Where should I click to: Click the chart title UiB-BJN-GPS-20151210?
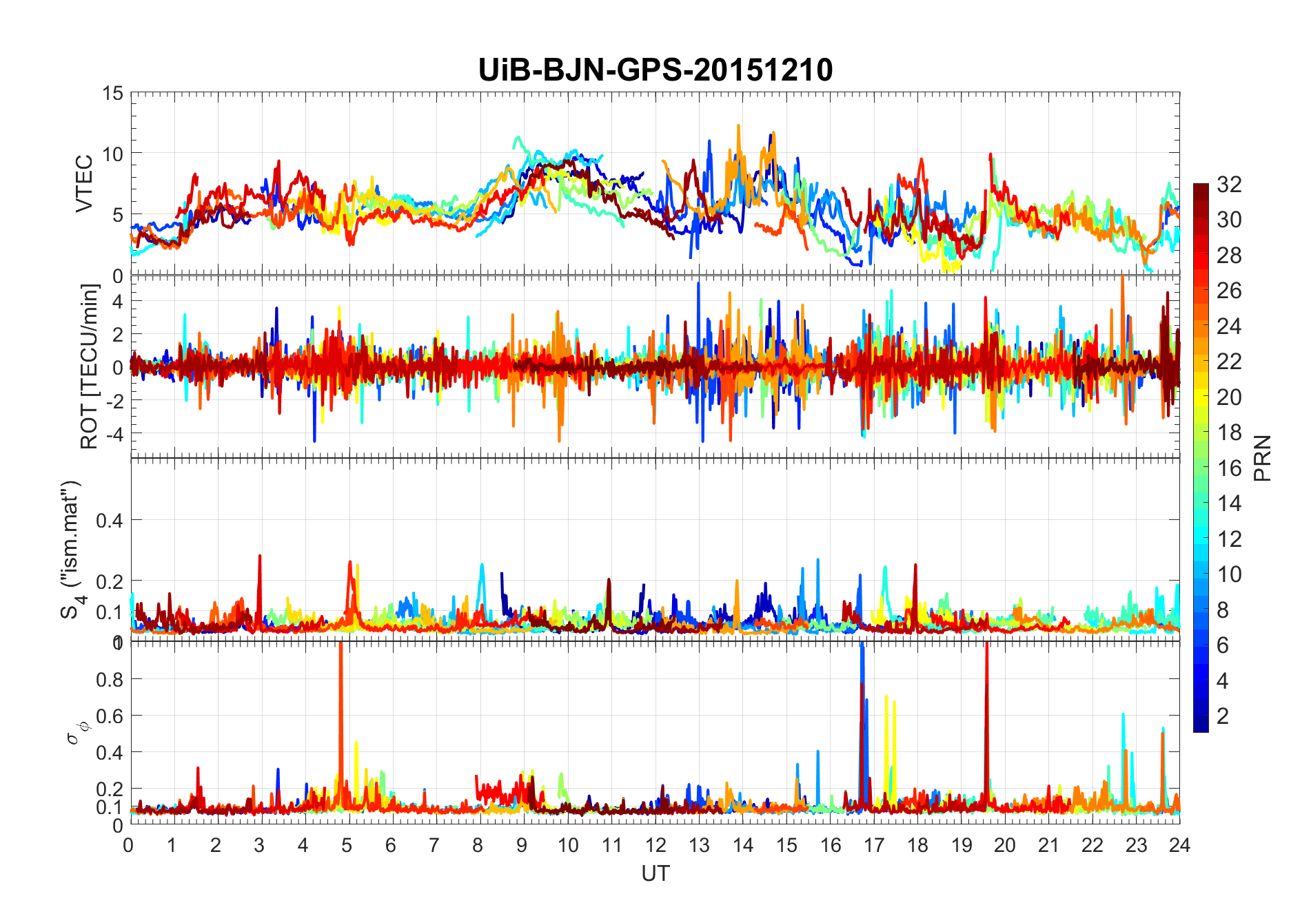(x=655, y=70)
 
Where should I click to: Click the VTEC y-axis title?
(x=84, y=184)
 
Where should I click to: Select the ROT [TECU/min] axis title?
(x=90, y=366)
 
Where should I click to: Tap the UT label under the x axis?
(x=655, y=873)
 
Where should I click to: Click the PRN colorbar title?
(x=1262, y=458)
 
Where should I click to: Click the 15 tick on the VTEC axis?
(x=113, y=93)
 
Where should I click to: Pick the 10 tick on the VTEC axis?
(x=113, y=154)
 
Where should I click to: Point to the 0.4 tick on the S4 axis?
(x=109, y=521)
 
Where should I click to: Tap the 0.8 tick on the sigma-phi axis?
(x=109, y=679)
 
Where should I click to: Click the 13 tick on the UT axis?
(x=699, y=845)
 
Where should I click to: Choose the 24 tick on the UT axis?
(x=1179, y=845)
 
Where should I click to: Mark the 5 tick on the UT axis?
(x=347, y=845)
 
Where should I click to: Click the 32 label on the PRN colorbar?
(x=1229, y=184)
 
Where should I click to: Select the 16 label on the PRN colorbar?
(x=1229, y=468)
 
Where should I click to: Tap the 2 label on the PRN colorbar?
(x=1223, y=716)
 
